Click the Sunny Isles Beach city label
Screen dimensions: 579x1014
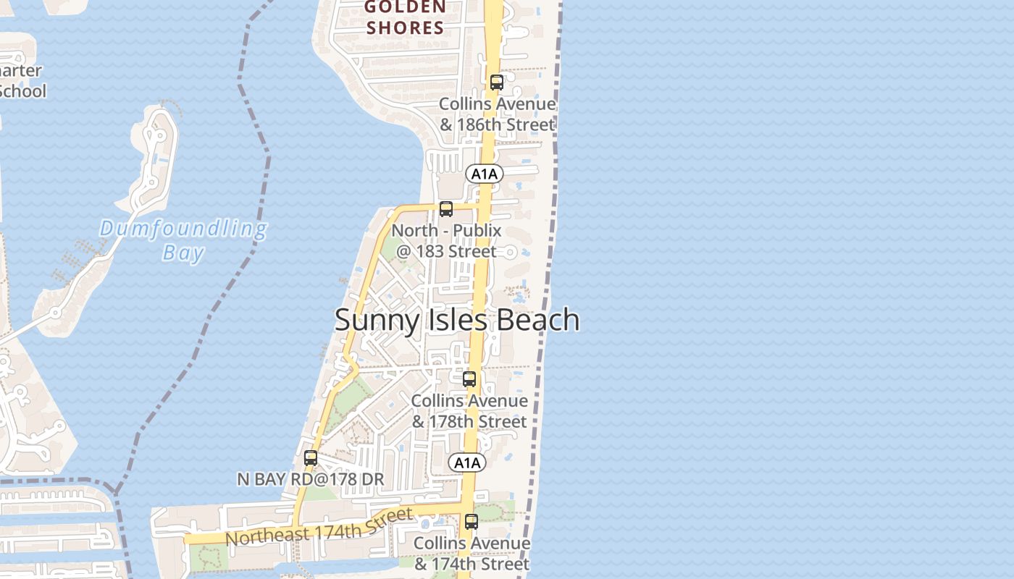pyautogui.click(x=457, y=320)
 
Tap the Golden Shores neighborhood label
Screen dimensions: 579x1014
pyautogui.click(x=405, y=18)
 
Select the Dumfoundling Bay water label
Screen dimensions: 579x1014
pyautogui.click(x=183, y=240)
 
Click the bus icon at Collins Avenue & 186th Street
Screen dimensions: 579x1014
pyautogui.click(x=496, y=83)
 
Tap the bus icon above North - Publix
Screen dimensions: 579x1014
pyautogui.click(x=446, y=209)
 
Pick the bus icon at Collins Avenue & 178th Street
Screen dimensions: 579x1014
pyautogui.click(x=469, y=379)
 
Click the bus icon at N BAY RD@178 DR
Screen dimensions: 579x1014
pyautogui.click(x=311, y=458)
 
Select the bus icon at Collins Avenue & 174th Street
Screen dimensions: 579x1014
pyautogui.click(x=472, y=521)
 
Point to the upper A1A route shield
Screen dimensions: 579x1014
pyautogui.click(x=485, y=174)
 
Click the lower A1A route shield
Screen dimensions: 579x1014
pyautogui.click(x=467, y=463)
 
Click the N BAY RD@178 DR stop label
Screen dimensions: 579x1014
pyautogui.click(x=311, y=479)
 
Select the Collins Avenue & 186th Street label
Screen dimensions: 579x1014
pyautogui.click(x=498, y=114)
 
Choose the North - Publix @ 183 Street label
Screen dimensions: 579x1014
pyautogui.click(x=447, y=241)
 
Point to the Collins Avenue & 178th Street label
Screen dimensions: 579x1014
pyautogui.click(x=469, y=411)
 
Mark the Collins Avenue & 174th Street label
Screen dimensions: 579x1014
pyautogui.click(x=472, y=553)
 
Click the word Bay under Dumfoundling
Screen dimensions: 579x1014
pyautogui.click(x=183, y=253)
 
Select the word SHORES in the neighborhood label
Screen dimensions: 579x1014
pyautogui.click(x=405, y=28)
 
